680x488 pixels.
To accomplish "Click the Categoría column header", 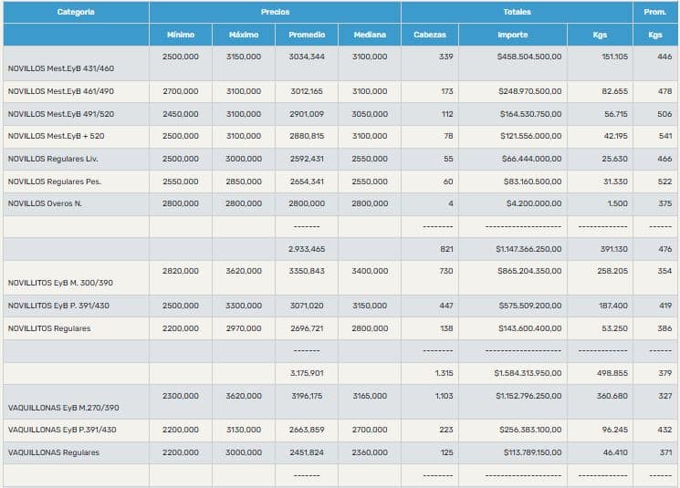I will tap(76, 12).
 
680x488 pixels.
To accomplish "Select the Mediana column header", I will tap(369, 35).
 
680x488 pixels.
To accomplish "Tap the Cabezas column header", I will tap(430, 35).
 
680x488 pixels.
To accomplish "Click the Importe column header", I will tap(512, 35).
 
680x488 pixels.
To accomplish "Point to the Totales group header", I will tap(517, 12).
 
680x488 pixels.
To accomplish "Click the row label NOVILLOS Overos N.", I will tap(45, 203).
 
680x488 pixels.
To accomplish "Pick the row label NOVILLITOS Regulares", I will tap(49, 328).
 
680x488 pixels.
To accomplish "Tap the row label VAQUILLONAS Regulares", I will tap(54, 452).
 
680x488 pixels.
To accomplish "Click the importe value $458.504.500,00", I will tap(529, 57).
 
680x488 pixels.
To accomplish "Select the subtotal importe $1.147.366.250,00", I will tap(528, 249).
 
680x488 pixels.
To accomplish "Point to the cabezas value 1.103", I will tap(442, 396).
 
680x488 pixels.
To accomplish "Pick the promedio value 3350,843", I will tap(306, 271).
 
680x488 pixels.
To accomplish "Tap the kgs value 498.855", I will tap(612, 373).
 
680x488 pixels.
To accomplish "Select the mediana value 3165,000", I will tap(369, 396).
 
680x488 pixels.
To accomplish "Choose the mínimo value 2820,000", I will tap(180, 271).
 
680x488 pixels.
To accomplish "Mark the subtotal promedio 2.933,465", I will tap(306, 249).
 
